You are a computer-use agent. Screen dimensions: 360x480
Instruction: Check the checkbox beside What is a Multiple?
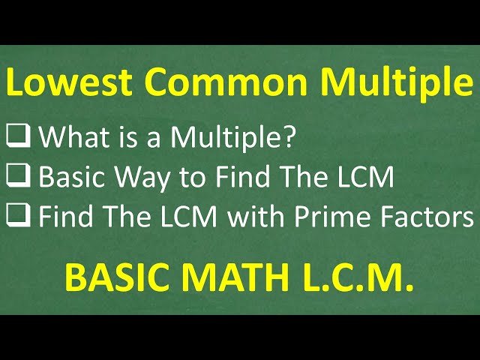tap(19, 136)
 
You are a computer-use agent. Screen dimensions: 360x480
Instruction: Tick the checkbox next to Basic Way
tap(19, 177)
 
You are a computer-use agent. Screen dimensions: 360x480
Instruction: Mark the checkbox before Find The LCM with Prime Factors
tap(19, 217)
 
